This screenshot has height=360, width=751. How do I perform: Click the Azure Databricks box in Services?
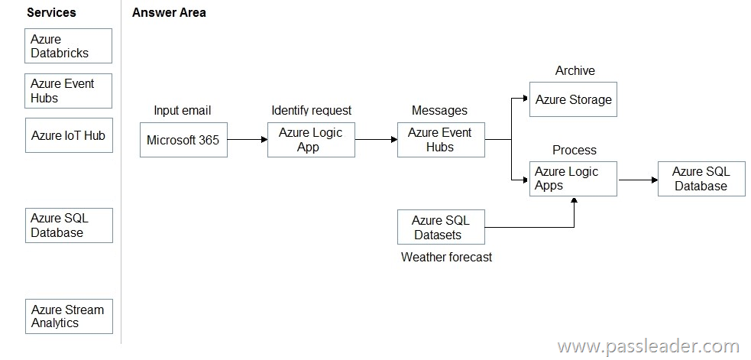[x=69, y=46]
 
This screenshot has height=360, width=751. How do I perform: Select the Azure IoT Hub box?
[x=69, y=135]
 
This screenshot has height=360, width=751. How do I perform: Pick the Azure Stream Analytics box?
[x=69, y=316]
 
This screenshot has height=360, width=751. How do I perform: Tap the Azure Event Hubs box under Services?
[x=69, y=91]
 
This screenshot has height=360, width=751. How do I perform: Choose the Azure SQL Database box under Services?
[x=69, y=225]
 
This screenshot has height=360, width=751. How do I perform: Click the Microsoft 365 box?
[x=183, y=140]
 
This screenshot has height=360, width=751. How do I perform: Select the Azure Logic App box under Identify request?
[x=311, y=140]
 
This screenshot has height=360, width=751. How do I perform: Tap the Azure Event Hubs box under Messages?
[x=441, y=140]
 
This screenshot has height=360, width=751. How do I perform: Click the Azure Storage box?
[x=573, y=99]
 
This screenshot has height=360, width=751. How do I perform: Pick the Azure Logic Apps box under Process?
[x=573, y=179]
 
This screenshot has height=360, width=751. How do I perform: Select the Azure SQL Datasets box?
[x=441, y=227]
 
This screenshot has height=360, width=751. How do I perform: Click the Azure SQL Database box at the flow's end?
[x=701, y=179]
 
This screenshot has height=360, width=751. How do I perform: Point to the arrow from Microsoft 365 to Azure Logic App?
[x=248, y=140]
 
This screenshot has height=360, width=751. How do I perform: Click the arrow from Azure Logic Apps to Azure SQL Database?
[x=637, y=180]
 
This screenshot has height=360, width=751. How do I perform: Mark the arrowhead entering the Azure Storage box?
[x=526, y=99]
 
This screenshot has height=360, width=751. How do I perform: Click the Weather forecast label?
[x=446, y=258]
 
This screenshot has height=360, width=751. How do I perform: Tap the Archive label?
[x=575, y=71]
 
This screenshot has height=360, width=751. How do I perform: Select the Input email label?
[x=182, y=111]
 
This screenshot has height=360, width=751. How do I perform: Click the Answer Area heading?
[x=169, y=13]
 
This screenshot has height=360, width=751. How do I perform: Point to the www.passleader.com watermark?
[x=648, y=346]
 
